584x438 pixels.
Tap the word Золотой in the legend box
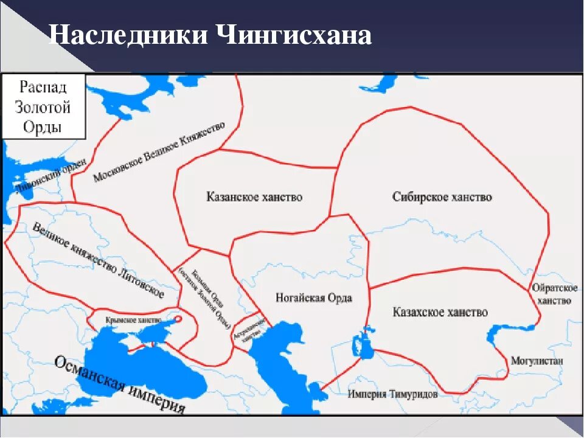click(x=43, y=108)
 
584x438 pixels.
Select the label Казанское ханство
click(x=254, y=197)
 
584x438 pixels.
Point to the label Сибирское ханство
click(x=442, y=197)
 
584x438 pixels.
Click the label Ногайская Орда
click(x=314, y=298)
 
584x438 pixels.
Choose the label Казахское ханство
click(x=440, y=312)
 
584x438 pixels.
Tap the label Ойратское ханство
click(x=554, y=294)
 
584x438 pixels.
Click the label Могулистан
click(x=537, y=361)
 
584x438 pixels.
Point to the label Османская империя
click(x=119, y=384)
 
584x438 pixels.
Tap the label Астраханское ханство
click(x=246, y=332)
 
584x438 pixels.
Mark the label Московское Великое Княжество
click(x=159, y=151)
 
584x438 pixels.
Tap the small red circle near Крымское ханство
click(x=178, y=318)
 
